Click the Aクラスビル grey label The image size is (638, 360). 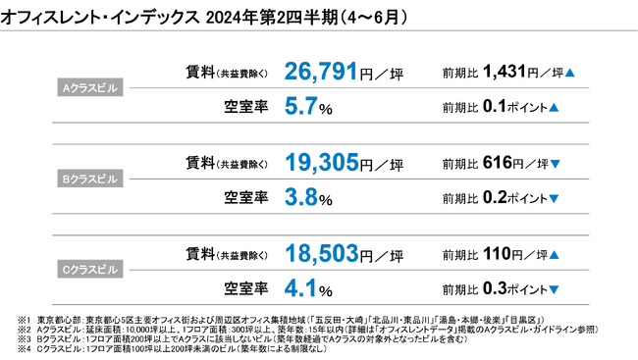(90, 86)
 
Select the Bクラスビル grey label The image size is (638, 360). (90, 181)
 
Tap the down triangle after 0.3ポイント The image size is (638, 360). (555, 290)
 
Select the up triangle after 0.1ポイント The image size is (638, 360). (555, 105)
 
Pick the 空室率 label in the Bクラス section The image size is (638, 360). (246, 198)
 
